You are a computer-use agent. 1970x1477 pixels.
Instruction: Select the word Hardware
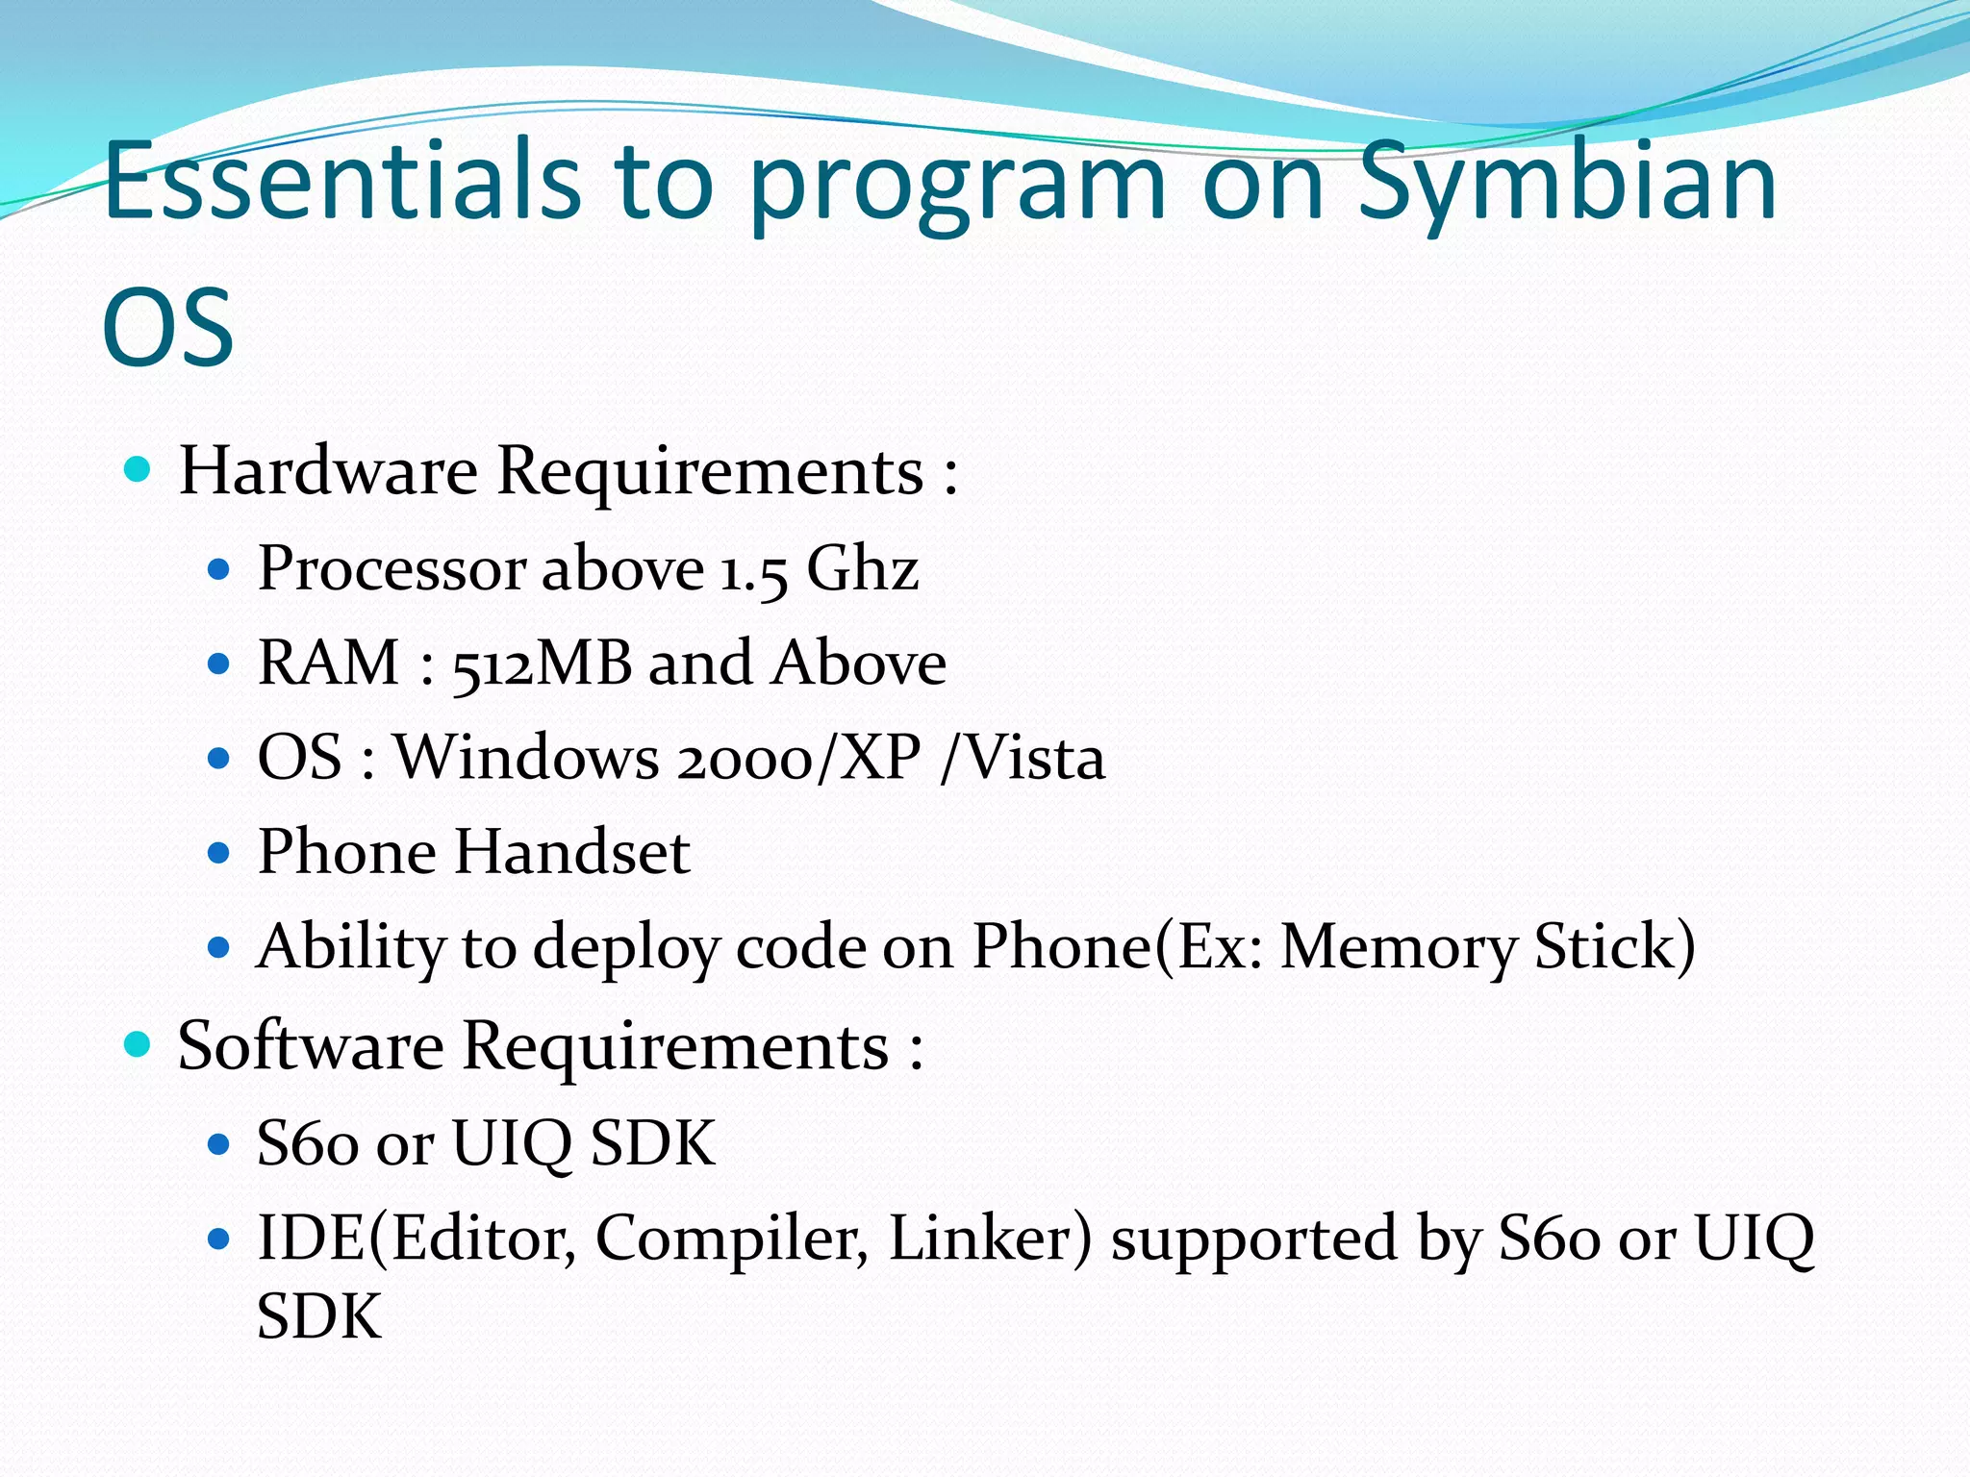point(328,471)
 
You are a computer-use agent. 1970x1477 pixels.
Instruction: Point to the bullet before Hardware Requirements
point(139,470)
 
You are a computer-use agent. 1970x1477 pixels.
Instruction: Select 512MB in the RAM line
point(542,663)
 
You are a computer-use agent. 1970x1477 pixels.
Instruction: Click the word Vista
point(1035,758)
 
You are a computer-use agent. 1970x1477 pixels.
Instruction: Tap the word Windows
point(527,758)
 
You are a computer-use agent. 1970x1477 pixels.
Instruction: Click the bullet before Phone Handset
point(219,853)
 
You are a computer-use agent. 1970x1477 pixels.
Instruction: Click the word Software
point(311,1045)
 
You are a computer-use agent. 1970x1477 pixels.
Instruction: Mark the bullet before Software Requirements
point(139,1044)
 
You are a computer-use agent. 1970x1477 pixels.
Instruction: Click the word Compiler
point(731,1239)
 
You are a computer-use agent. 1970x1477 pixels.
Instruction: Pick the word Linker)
point(991,1238)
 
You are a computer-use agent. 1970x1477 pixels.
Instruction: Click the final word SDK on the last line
point(319,1315)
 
